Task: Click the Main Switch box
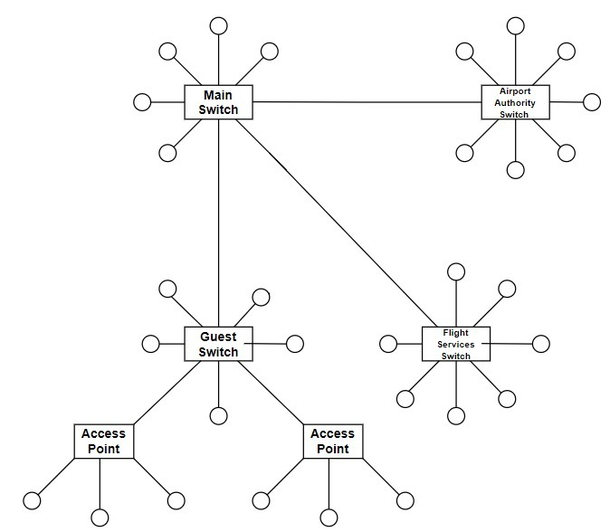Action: [218, 102]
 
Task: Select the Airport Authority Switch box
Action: [514, 102]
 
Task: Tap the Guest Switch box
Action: [218, 344]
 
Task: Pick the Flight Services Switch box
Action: [456, 344]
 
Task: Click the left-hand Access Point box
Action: [104, 441]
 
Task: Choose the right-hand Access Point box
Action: [332, 441]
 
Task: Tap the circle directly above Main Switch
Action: [218, 25]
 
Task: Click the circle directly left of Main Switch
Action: [142, 101]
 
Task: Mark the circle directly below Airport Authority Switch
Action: [515, 169]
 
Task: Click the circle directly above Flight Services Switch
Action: [456, 271]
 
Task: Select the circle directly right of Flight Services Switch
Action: [540, 344]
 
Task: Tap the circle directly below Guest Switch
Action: [218, 415]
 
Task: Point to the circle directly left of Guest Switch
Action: [149, 344]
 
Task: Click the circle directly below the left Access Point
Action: [100, 518]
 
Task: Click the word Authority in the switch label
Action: [514, 103]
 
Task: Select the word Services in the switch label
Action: [456, 345]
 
